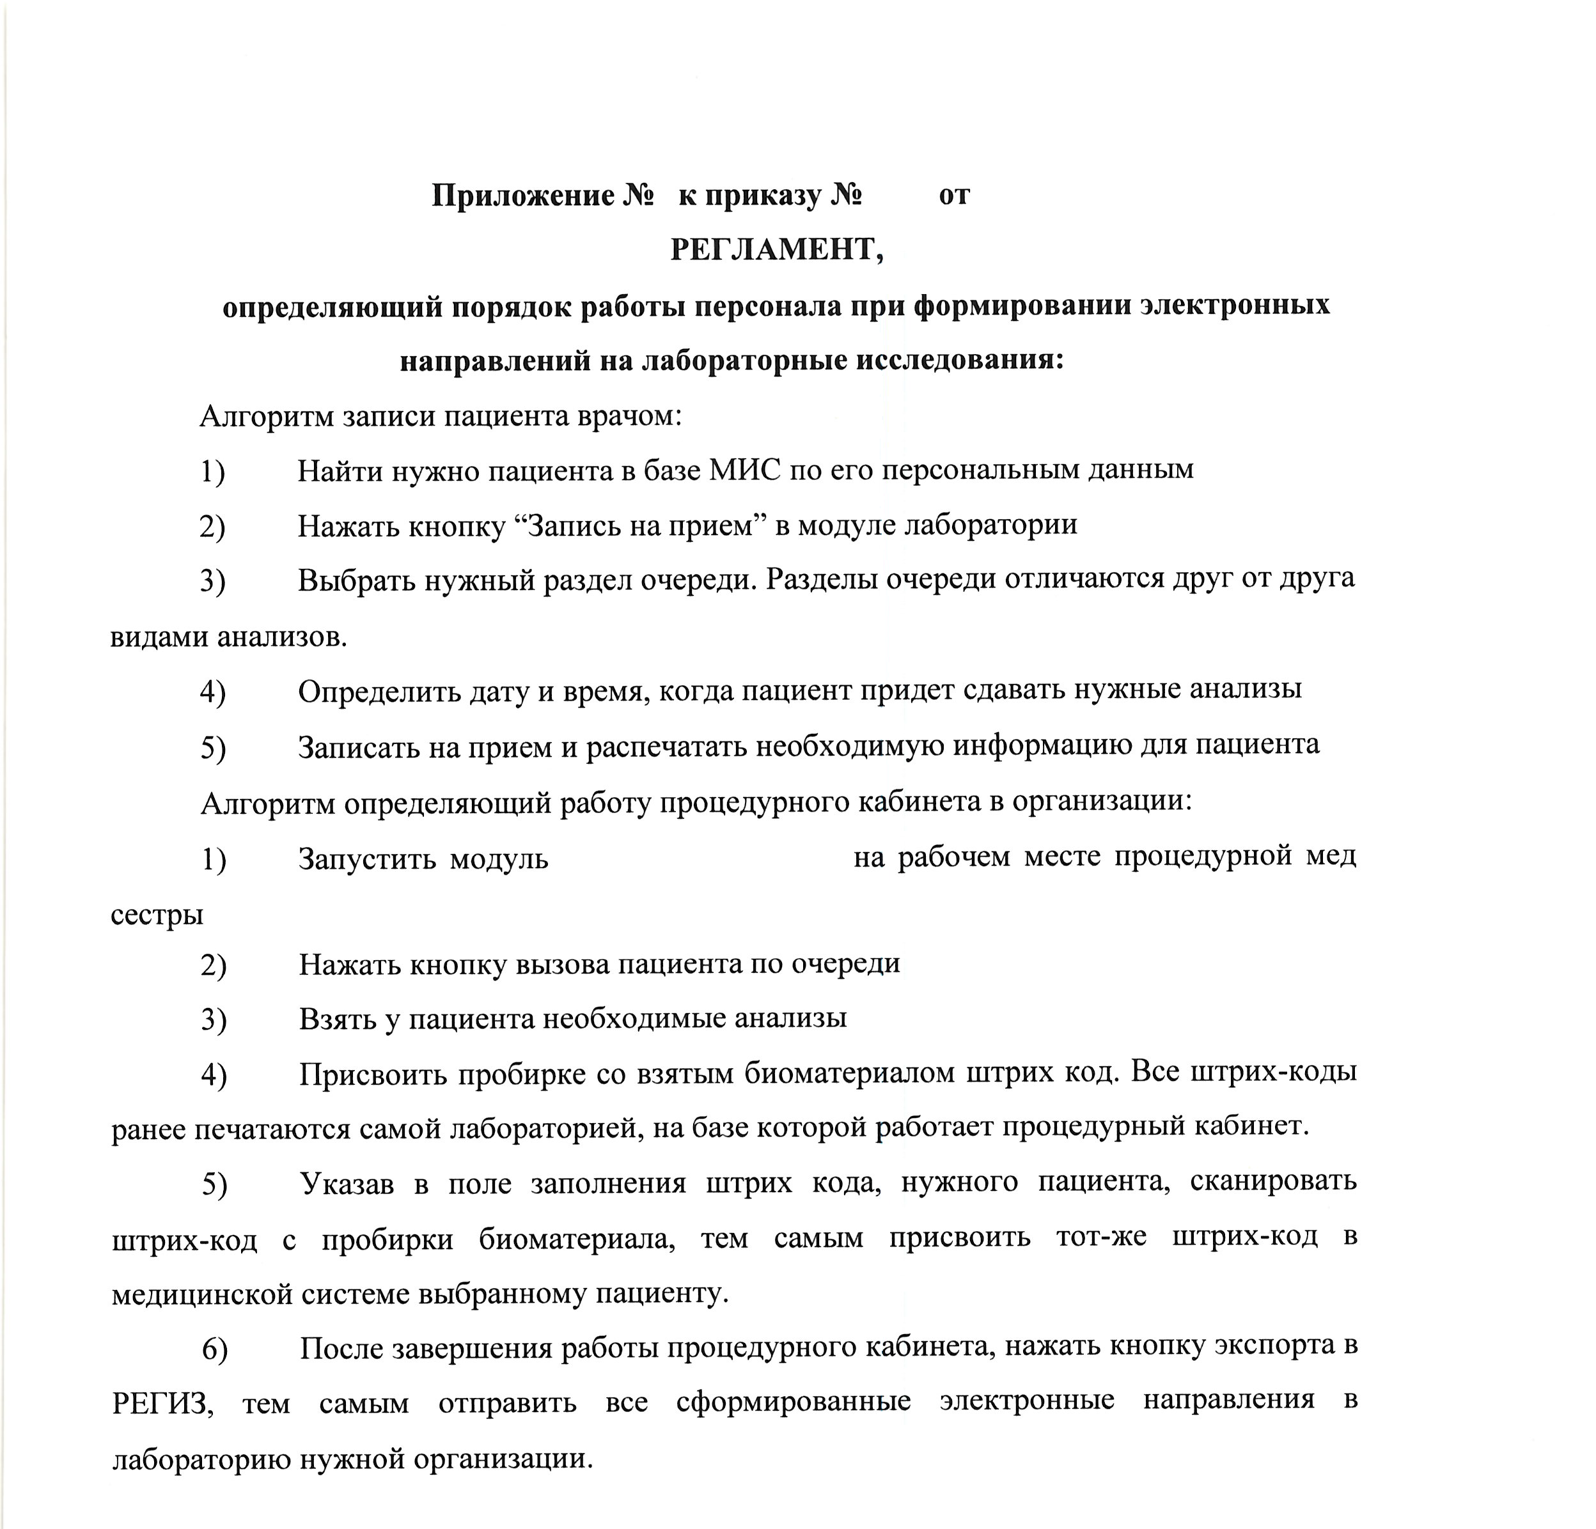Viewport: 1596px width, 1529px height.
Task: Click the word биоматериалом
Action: (x=849, y=1074)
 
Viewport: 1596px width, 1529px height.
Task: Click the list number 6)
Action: (x=215, y=1349)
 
